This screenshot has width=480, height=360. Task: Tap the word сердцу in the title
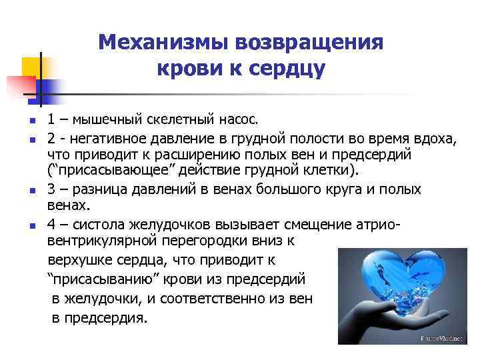[288, 67]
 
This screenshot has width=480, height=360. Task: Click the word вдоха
[436, 137]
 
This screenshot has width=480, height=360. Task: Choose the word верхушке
[81, 257]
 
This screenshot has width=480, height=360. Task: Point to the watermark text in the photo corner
[441, 339]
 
